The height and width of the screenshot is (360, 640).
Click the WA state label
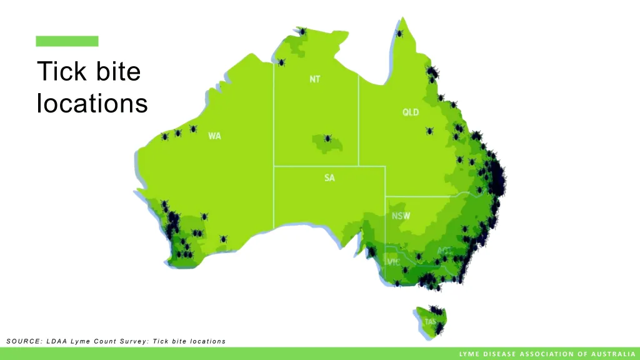click(x=214, y=136)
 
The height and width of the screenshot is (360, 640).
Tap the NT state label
click(x=315, y=79)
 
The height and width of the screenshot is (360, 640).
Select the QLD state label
click(x=411, y=112)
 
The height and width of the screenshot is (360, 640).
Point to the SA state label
click(x=329, y=178)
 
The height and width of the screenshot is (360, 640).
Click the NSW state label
click(x=401, y=216)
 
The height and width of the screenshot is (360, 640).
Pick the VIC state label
click(x=393, y=262)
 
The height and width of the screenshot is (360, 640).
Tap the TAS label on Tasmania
click(x=431, y=321)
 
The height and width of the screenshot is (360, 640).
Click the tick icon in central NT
click(x=327, y=137)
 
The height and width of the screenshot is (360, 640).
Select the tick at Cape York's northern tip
click(x=399, y=32)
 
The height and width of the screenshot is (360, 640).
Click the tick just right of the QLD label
click(x=429, y=131)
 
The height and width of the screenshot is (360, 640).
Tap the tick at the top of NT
click(x=301, y=31)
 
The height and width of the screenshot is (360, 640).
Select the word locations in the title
click(x=92, y=103)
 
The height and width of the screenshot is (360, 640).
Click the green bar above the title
click(x=67, y=41)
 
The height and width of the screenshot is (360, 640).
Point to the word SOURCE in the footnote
click(x=23, y=341)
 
